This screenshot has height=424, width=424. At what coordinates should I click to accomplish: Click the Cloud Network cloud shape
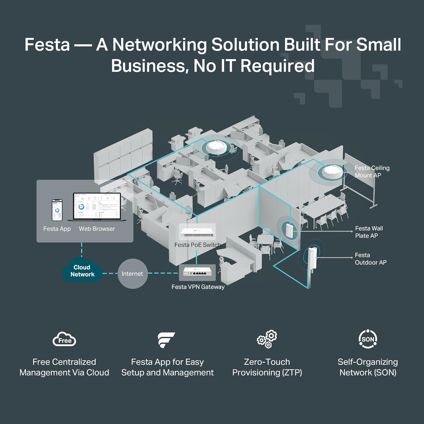tap(82, 271)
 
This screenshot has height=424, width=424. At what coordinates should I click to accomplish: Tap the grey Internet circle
tap(132, 274)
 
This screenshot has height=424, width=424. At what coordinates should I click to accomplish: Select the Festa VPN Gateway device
tap(197, 272)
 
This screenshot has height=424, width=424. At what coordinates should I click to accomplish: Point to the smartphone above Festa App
tap(57, 210)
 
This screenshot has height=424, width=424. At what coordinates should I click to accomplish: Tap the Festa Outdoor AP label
tap(370, 259)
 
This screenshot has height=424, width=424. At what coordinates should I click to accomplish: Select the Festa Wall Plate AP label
tap(369, 232)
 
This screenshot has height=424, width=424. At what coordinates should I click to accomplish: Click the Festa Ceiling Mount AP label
tap(372, 172)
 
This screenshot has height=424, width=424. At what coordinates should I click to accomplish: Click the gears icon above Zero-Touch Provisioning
tap(267, 339)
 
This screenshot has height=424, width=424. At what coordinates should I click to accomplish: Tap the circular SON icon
tap(368, 339)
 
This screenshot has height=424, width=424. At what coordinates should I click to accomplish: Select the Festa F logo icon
tap(166, 339)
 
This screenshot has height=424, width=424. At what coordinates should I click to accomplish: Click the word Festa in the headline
tap(47, 45)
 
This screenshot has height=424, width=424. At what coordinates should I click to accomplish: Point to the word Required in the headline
tap(277, 66)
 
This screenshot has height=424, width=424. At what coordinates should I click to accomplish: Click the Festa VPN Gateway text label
tap(198, 287)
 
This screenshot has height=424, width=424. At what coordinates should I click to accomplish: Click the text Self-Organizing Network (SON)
tap(368, 367)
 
